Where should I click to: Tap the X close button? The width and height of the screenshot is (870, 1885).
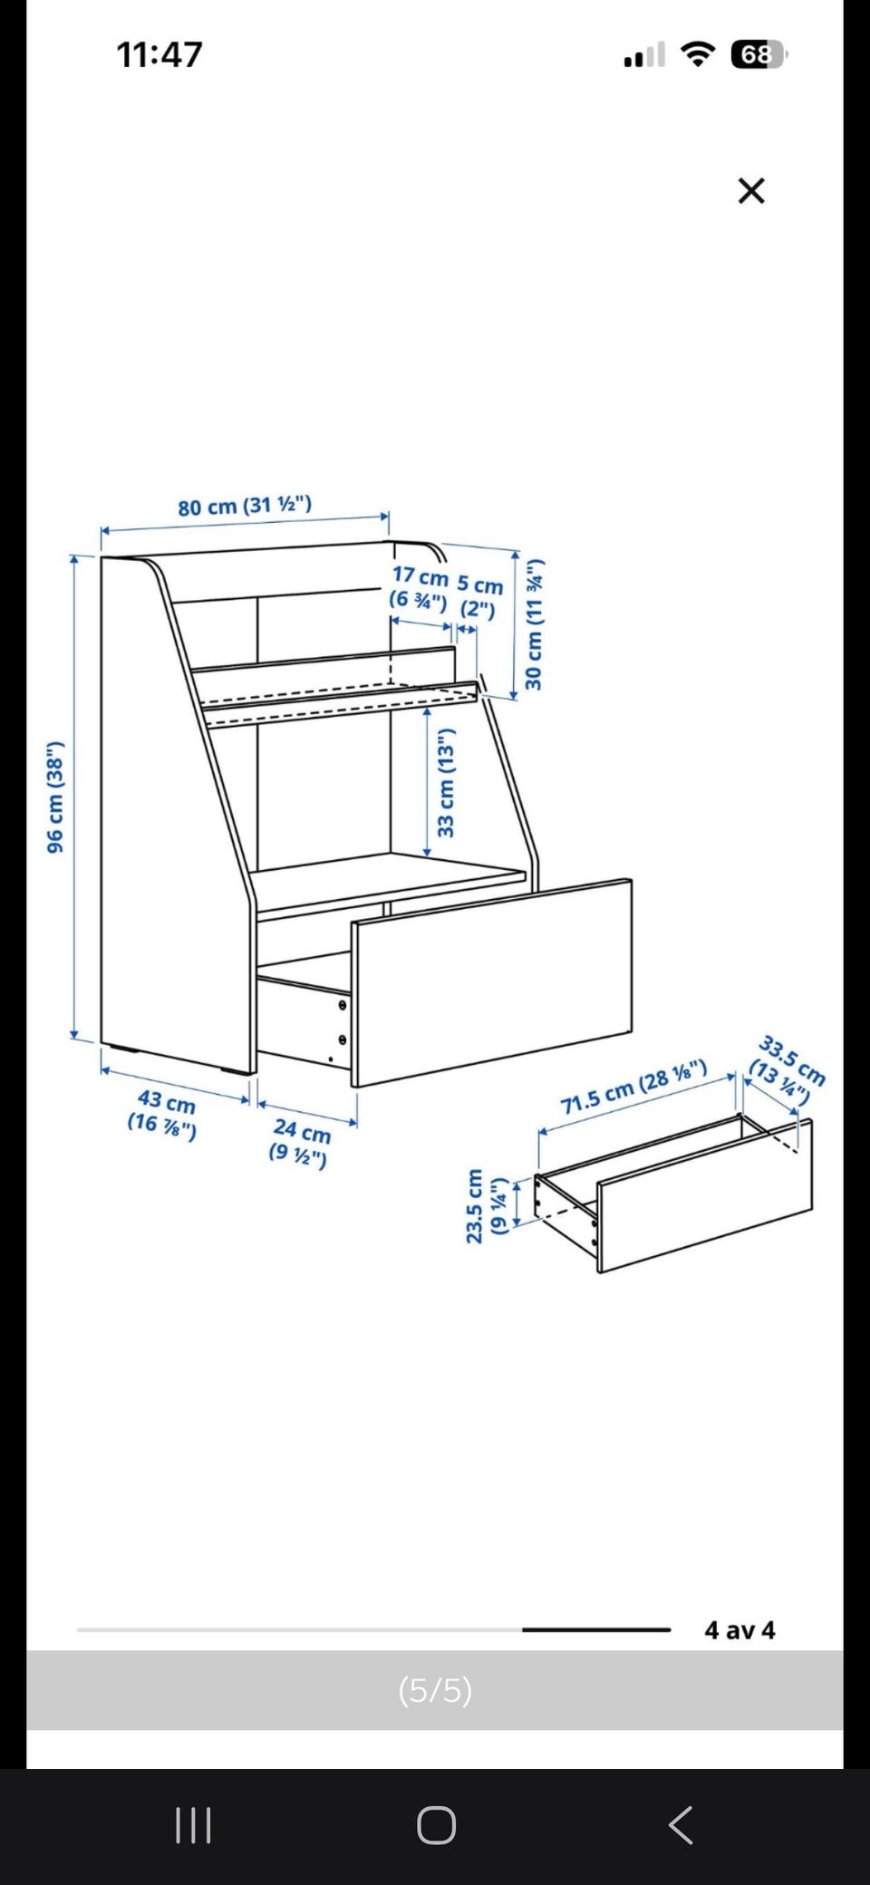pos(751,190)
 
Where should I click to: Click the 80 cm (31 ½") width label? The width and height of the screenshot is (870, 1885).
pos(245,506)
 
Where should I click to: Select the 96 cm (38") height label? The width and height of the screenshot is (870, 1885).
pos(55,797)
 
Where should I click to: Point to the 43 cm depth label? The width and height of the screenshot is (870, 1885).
pos(163,1114)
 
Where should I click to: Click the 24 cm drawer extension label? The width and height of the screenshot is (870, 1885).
pos(300,1142)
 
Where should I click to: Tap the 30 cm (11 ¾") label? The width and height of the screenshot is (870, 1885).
pos(535,624)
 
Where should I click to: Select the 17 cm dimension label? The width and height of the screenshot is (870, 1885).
pos(420,587)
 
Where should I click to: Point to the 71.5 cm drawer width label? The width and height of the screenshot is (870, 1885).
pos(633,1088)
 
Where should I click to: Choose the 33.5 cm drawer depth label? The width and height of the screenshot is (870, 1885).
pos(786,1068)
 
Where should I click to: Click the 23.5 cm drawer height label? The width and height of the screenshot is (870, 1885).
pos(486,1205)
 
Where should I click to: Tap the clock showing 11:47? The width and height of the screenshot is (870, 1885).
pos(159,54)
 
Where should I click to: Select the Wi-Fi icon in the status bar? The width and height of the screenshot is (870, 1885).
pos(698,54)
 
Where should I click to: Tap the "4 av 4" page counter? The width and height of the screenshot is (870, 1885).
pos(739,1630)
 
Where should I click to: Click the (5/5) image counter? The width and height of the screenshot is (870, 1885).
pos(435,1690)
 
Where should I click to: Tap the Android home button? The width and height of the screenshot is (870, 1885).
pos(436,1825)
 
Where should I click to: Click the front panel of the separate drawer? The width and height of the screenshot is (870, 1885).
pos(705,1196)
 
